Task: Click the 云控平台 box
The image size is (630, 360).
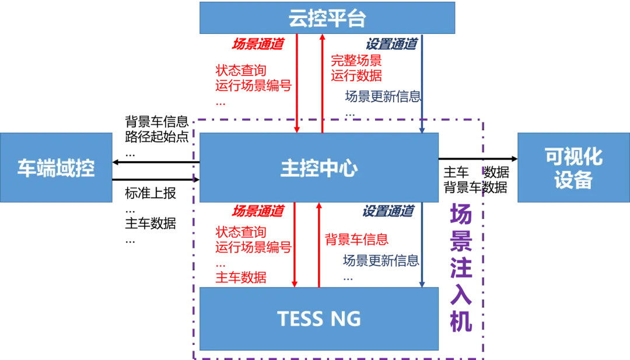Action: pos(327,18)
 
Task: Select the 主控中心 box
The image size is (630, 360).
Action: pos(318,168)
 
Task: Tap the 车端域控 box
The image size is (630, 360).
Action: pos(56,168)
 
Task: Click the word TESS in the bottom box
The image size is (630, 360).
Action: pos(300,319)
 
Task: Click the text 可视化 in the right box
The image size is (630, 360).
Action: pos(573,156)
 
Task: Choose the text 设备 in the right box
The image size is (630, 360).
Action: pos(573,180)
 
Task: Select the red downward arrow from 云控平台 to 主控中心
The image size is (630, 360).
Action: pos(297,82)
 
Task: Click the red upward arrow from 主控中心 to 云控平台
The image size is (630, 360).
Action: pos(321,82)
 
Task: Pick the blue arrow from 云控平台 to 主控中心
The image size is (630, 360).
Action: pos(422,82)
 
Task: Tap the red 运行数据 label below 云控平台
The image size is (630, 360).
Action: pos(356,75)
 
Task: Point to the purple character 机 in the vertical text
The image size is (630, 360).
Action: pos(462,321)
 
